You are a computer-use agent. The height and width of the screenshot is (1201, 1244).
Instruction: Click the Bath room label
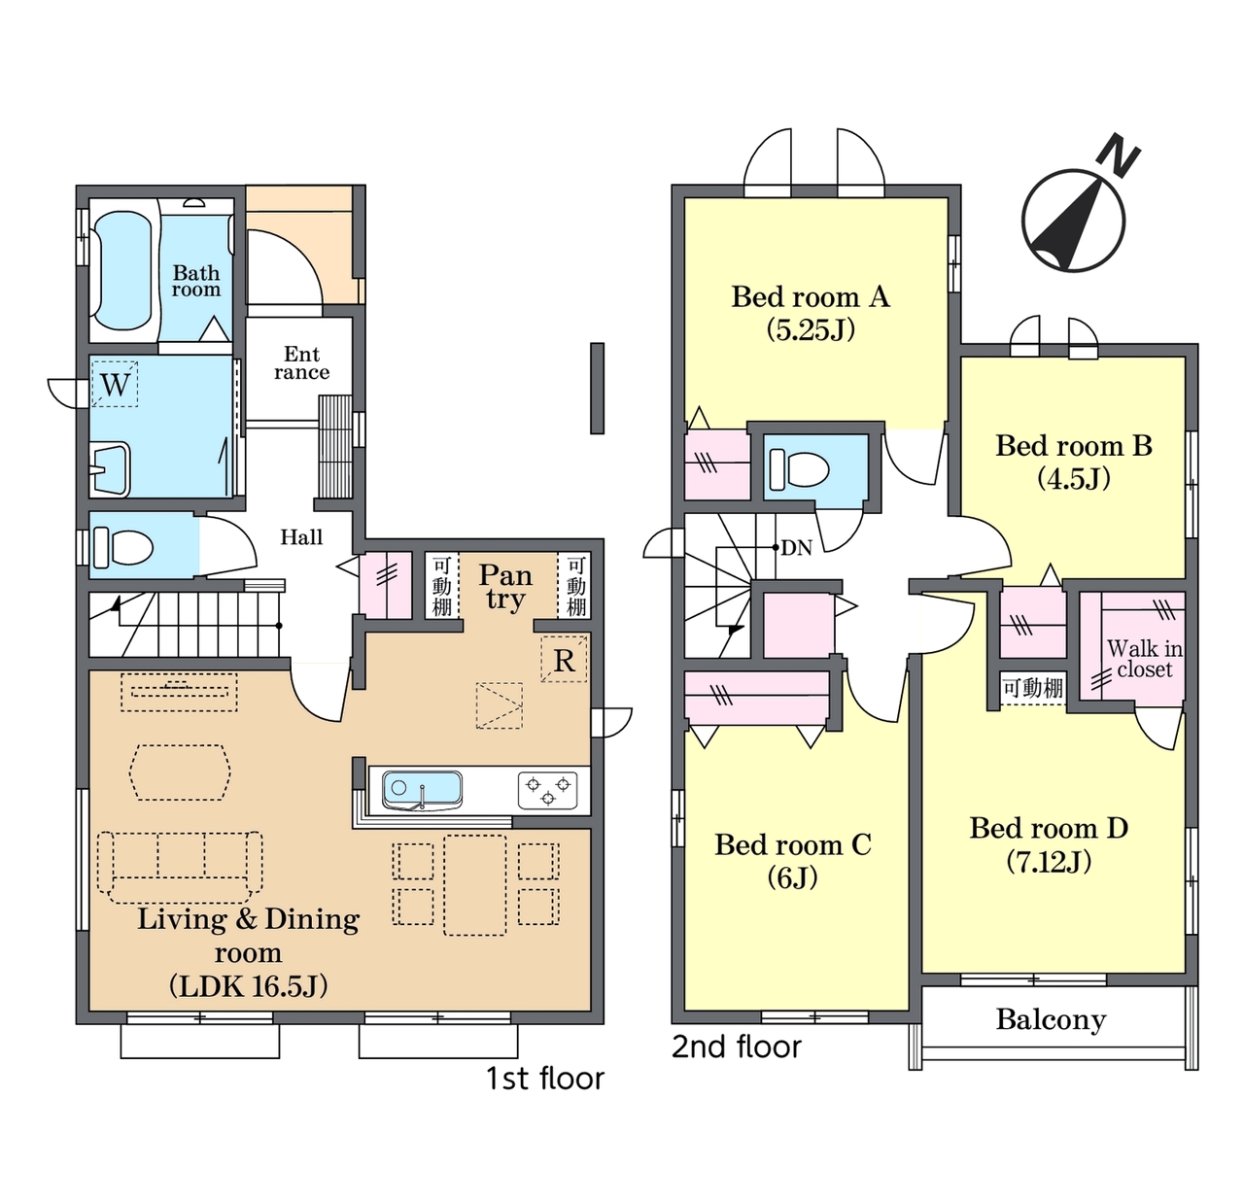click(195, 281)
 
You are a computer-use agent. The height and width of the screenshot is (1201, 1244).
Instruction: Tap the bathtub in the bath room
click(121, 270)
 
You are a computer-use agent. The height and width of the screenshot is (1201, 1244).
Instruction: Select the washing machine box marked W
click(115, 384)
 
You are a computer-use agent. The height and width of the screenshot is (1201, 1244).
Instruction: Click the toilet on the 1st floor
click(123, 547)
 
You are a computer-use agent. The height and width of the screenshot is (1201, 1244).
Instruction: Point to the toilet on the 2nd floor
click(799, 469)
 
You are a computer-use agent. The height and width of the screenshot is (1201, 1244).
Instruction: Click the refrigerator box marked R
click(563, 659)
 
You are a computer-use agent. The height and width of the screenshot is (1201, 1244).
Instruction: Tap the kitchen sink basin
click(422, 790)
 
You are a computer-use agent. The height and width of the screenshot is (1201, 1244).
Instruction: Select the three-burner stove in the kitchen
click(548, 790)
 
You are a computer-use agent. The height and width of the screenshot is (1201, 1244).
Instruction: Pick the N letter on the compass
click(1118, 155)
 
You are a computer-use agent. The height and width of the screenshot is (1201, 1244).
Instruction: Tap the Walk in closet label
click(1144, 659)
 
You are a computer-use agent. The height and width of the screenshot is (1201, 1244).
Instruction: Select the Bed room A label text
click(811, 296)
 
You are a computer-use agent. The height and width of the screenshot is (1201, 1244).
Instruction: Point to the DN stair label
click(797, 547)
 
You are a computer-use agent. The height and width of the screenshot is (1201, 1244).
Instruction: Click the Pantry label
click(505, 586)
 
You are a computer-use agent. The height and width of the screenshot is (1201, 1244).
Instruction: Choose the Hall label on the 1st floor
click(301, 537)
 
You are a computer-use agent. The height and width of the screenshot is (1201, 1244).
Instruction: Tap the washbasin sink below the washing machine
click(110, 469)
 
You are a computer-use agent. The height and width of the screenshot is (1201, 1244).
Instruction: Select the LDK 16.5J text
click(249, 986)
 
